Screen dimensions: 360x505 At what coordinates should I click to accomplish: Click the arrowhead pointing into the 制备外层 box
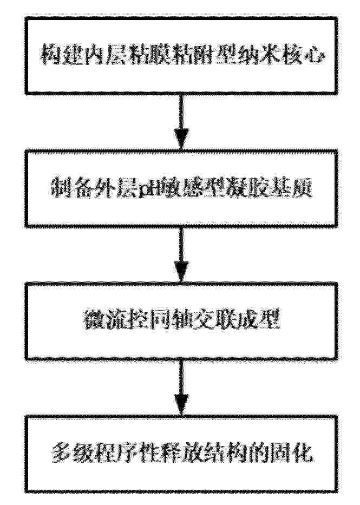181,139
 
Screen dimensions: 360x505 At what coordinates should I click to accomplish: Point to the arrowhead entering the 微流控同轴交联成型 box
181,271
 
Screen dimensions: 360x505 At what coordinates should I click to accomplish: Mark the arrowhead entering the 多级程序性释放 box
181,404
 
